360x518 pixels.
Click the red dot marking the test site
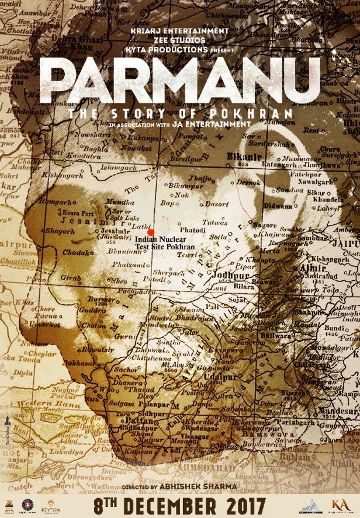[150, 232]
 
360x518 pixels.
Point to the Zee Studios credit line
[181, 40]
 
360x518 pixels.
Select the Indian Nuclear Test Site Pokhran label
[164, 243]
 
